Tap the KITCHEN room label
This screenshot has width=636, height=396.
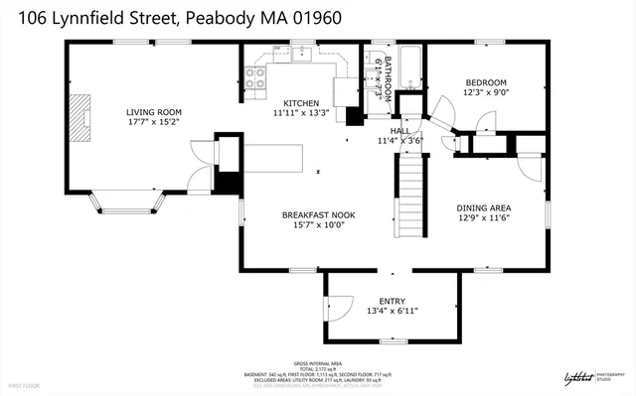(301, 103)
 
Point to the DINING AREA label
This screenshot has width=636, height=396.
(483, 207)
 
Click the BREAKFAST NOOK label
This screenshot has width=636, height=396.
(318, 214)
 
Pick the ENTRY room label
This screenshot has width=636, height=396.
(393, 301)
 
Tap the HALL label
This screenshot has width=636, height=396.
(400, 130)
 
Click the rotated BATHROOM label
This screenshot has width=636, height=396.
(389, 75)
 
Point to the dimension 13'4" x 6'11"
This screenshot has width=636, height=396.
(393, 311)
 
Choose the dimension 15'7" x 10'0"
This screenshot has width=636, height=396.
(318, 225)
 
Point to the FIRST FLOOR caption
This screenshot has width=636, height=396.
(24, 383)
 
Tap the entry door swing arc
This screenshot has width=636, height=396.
(338, 309)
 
